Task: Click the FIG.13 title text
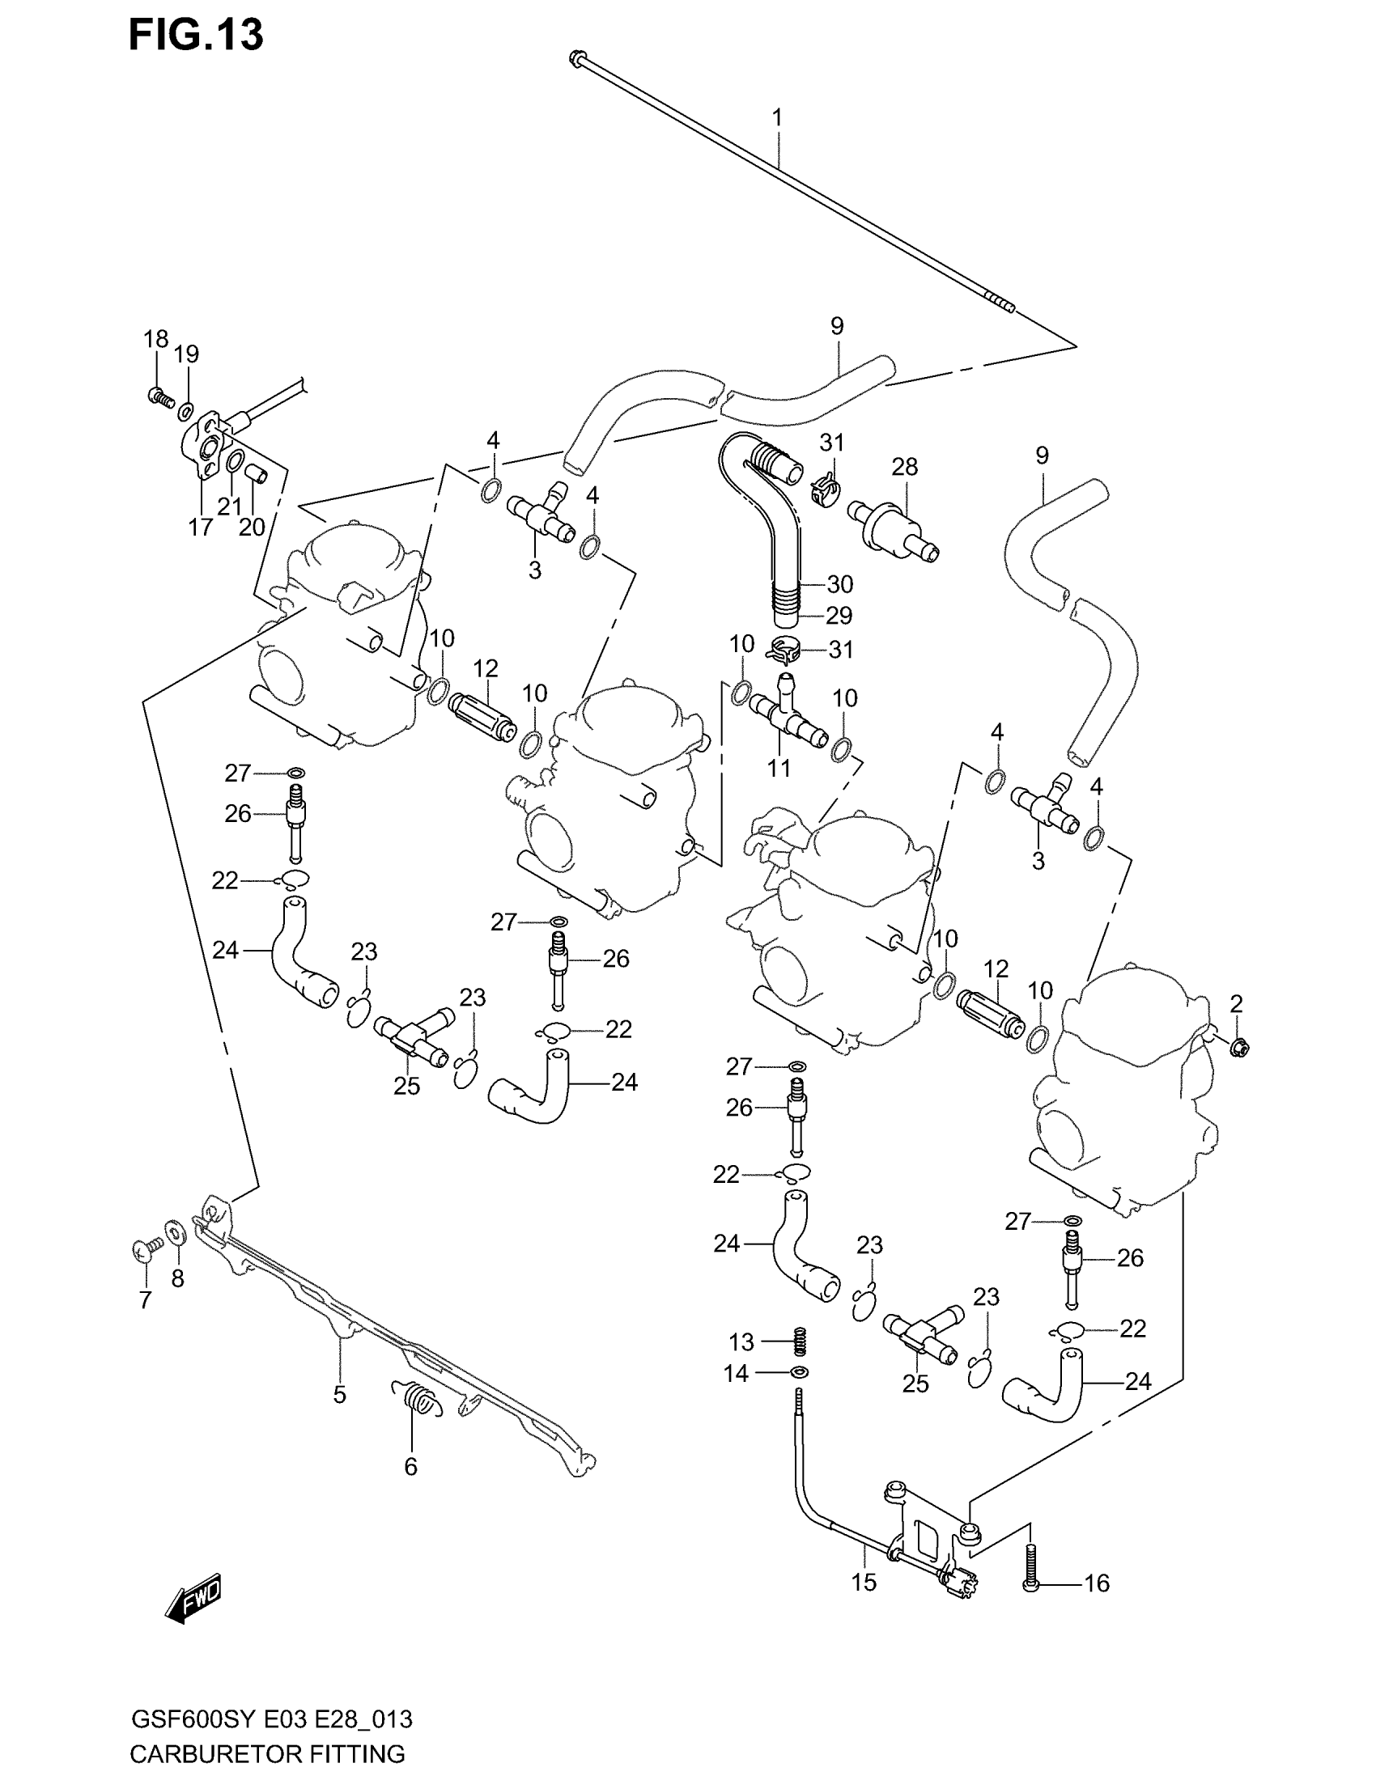(x=196, y=35)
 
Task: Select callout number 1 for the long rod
(x=777, y=118)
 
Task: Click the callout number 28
(x=904, y=467)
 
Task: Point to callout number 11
(x=779, y=767)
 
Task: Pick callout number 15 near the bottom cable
(x=864, y=1582)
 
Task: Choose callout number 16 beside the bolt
(x=1097, y=1583)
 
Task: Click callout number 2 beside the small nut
(x=1236, y=1004)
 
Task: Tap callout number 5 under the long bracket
(x=339, y=1395)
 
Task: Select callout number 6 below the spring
(x=410, y=1466)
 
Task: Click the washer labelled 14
(x=801, y=1373)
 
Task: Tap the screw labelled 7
(x=144, y=1249)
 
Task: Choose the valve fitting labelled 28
(x=894, y=529)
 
